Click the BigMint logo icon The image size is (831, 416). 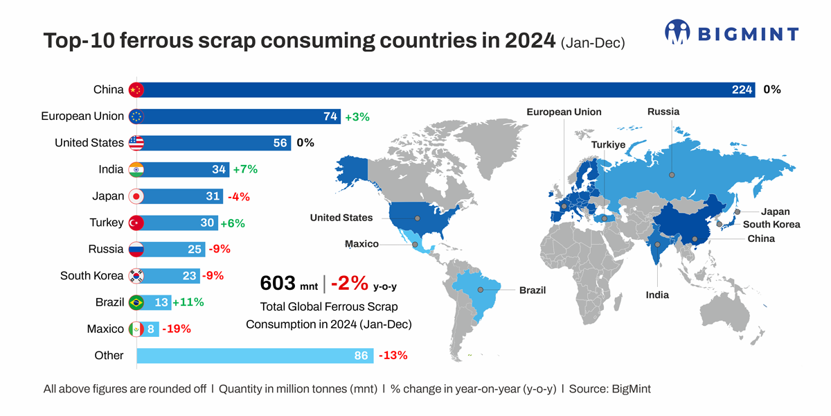coord(678,33)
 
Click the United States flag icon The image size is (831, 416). coord(136,143)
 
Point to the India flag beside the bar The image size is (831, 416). coord(136,169)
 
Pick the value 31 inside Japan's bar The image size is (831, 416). coord(213,196)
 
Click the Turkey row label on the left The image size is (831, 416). coord(106,223)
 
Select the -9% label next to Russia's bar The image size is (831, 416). coord(219,249)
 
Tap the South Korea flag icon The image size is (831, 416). coord(136,276)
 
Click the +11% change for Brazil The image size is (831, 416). coord(188,302)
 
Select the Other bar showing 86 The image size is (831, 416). coord(256,356)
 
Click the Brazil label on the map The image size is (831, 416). coord(533,291)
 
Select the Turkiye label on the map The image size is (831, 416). coord(608,145)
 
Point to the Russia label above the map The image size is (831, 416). coord(663,112)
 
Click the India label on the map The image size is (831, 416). coord(657,295)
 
